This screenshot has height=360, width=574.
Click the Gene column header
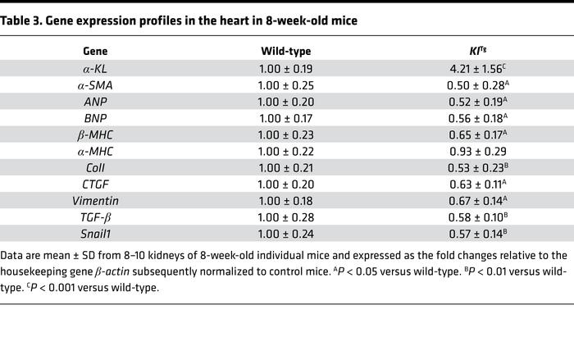(x=95, y=51)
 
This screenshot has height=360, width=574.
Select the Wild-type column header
(x=285, y=51)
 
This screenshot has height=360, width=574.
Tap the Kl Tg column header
(x=471, y=51)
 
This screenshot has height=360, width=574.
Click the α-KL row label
(x=95, y=71)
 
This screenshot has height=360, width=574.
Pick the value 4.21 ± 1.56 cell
(x=469, y=71)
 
